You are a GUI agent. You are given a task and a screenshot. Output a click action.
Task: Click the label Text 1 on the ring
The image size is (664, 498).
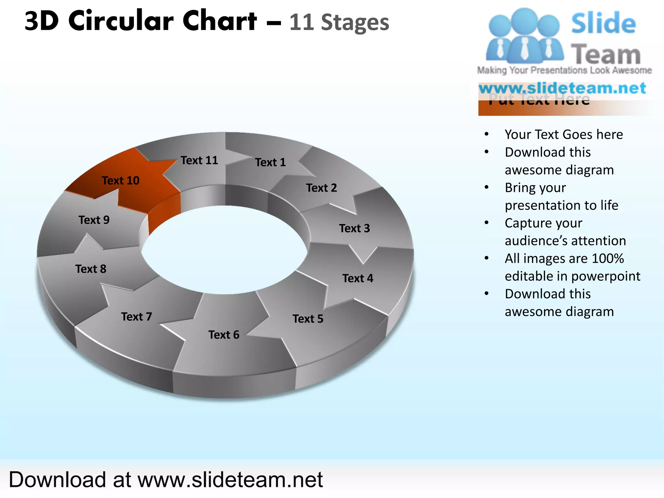pyautogui.click(x=270, y=162)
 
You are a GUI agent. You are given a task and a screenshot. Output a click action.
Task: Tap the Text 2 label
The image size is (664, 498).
pyautogui.click(x=321, y=188)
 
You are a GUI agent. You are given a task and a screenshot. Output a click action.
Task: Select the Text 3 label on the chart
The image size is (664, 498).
pyautogui.click(x=354, y=228)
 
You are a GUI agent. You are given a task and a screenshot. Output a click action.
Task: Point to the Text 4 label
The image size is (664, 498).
pyautogui.click(x=358, y=278)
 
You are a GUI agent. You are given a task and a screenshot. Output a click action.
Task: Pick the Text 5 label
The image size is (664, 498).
pyautogui.click(x=308, y=319)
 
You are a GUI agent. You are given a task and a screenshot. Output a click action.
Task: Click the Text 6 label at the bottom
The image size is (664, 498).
pyautogui.click(x=224, y=335)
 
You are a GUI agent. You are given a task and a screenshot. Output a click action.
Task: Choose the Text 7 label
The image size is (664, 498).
pyautogui.click(x=136, y=316)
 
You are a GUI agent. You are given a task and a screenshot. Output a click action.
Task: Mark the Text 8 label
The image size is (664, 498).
pyautogui.click(x=91, y=269)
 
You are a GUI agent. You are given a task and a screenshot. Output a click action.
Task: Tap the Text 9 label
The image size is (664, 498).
pyautogui.click(x=94, y=220)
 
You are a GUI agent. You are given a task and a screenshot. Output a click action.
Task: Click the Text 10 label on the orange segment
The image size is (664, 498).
pyautogui.click(x=121, y=180)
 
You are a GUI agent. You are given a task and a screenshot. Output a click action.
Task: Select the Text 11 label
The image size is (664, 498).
pyautogui.click(x=199, y=160)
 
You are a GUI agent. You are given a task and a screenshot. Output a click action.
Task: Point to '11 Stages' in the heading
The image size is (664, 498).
pyautogui.click(x=339, y=22)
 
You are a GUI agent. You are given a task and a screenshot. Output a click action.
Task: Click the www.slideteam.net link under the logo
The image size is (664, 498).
pyautogui.click(x=562, y=88)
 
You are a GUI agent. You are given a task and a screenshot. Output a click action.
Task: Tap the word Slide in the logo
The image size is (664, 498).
pyautogui.click(x=603, y=23)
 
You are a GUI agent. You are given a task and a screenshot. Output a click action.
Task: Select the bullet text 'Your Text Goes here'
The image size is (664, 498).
pyautogui.click(x=563, y=134)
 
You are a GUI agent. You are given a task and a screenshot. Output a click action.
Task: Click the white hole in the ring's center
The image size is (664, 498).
pyautogui.click(x=224, y=250)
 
